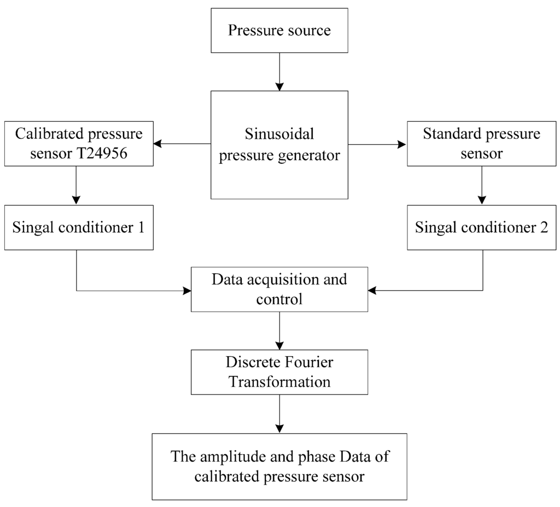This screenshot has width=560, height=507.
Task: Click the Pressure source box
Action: [279, 30]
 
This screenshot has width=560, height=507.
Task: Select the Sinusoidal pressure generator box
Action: [279, 145]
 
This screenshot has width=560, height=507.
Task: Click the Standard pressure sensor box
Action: [481, 144]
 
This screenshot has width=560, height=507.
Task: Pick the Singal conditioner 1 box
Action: [79, 227]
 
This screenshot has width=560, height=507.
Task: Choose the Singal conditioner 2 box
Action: [481, 227]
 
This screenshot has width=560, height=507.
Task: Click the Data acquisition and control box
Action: [279, 290]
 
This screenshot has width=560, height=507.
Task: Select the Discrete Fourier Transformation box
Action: [279, 372]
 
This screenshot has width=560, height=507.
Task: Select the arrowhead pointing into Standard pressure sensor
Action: [402, 145]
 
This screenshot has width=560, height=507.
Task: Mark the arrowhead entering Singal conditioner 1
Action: [76, 200]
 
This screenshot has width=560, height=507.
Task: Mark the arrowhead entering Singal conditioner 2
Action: [482, 200]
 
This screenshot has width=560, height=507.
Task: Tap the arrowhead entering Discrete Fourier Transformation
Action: [279, 345]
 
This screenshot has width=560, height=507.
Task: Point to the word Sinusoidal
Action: [279, 134]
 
